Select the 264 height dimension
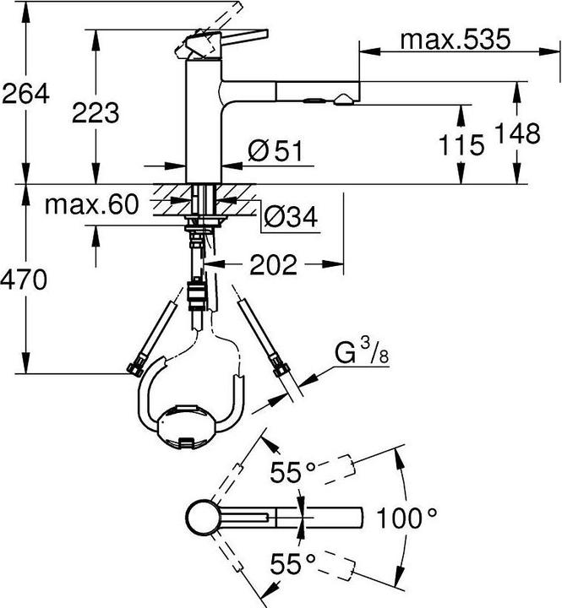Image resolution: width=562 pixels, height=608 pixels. pos(25,95)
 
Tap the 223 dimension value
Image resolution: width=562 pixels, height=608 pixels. pos(95,111)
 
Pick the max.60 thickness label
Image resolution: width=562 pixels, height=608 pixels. pos(92,205)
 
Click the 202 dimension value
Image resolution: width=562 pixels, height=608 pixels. pos(273,266)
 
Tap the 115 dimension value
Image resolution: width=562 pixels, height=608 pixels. pos(461,145)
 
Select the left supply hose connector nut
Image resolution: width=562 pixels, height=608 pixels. pos(134,368)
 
